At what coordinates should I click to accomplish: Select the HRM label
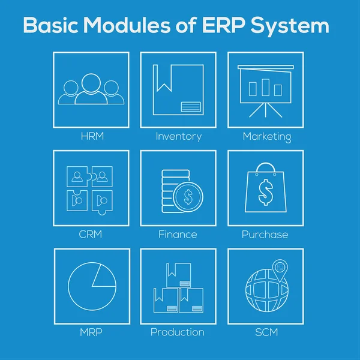tap(92, 136)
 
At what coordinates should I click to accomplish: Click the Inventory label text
tap(178, 136)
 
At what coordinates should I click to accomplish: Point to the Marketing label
tap(266, 137)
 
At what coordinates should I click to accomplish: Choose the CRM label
tap(91, 234)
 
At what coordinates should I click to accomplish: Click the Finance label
tap(178, 234)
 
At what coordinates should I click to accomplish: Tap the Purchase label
tap(265, 234)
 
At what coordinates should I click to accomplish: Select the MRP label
tap(92, 332)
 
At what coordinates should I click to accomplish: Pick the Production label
tap(177, 332)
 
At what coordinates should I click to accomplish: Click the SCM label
tap(265, 332)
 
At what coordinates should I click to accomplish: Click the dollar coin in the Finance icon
tap(187, 196)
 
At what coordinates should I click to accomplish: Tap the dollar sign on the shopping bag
tap(265, 192)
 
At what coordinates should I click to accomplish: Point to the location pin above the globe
tap(279, 268)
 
